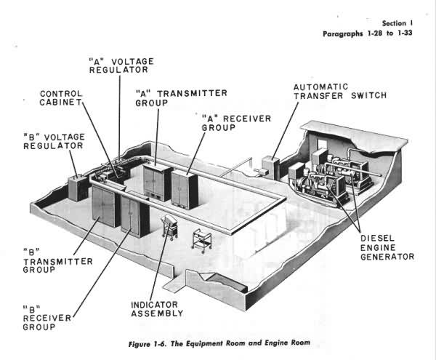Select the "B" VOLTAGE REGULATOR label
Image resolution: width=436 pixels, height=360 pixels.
[52, 141]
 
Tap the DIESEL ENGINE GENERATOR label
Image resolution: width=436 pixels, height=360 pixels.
[388, 247]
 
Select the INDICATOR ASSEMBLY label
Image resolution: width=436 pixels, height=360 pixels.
[156, 308]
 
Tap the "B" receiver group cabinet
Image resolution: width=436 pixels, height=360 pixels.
[134, 215]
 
